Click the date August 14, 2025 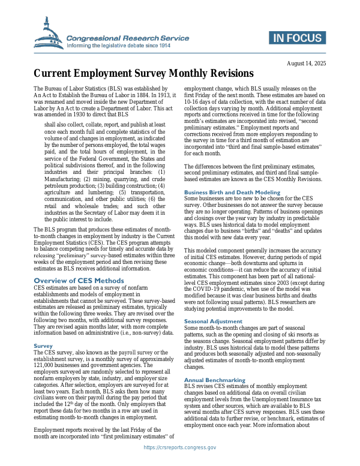307,63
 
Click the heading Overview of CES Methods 79,280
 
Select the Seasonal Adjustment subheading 213,321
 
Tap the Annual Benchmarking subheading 214,380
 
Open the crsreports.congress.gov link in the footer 180,447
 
